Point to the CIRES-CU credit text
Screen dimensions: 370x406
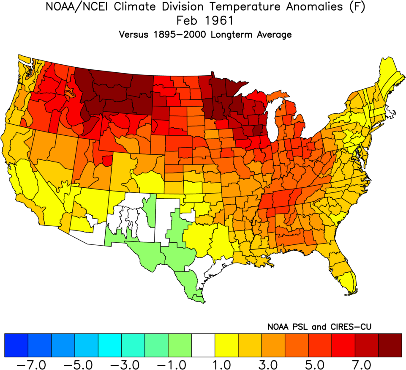(x=349, y=327)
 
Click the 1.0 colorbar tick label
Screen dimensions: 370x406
(x=215, y=363)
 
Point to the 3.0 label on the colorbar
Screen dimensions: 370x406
(x=262, y=363)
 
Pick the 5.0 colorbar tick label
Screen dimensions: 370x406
(x=308, y=363)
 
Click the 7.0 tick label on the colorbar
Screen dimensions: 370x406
(x=355, y=363)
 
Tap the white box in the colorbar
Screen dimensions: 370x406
(x=203, y=345)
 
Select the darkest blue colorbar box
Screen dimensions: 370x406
(x=16, y=345)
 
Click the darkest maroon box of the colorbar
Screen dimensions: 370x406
(x=390, y=345)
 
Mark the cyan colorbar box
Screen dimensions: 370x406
(x=109, y=345)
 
